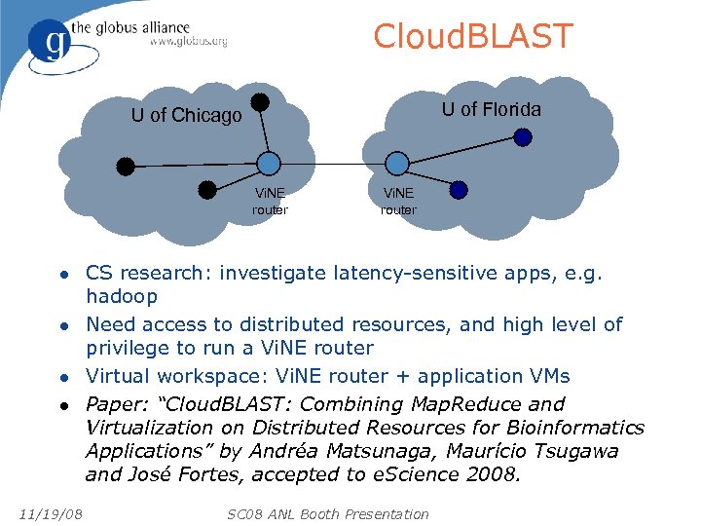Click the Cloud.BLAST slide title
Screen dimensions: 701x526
tap(473, 37)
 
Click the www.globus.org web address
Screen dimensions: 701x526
tap(189, 42)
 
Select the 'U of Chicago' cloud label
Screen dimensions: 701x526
tap(186, 116)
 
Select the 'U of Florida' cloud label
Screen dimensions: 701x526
tap(491, 109)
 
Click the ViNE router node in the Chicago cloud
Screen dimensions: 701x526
tap(268, 164)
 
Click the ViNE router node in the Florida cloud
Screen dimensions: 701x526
tap(397, 164)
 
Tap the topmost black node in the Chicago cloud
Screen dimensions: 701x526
tap(260, 100)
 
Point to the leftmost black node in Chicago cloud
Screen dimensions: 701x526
tap(126, 166)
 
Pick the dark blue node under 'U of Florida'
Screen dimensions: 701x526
tap(523, 137)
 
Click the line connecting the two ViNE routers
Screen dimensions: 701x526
tap(332, 164)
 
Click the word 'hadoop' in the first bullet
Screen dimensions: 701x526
tap(122, 296)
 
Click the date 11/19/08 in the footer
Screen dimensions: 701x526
tap(50, 513)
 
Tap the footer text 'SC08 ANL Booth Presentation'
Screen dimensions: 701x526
tap(327, 513)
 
